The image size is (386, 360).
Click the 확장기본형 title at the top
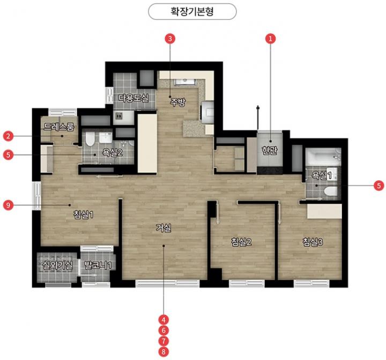192,12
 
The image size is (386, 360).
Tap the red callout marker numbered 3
170,39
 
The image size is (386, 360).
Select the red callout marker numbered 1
271,39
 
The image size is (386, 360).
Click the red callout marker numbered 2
8,136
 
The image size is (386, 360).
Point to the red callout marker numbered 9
8,205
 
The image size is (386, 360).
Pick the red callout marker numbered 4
164,320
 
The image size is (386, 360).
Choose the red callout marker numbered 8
164,351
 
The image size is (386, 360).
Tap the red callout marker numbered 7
164,341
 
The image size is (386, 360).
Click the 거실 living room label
164,227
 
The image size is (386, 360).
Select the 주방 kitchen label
178,102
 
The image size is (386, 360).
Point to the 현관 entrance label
270,150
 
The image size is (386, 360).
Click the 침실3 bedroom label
313,242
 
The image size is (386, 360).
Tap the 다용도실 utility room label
133,98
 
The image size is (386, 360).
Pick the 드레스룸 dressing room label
59,127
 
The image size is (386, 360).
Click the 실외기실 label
57,266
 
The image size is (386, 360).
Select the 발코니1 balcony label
98,266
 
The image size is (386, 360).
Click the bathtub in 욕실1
323,157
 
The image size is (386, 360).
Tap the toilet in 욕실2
90,139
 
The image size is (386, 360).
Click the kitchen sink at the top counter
185,82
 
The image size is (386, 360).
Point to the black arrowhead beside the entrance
258,107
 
